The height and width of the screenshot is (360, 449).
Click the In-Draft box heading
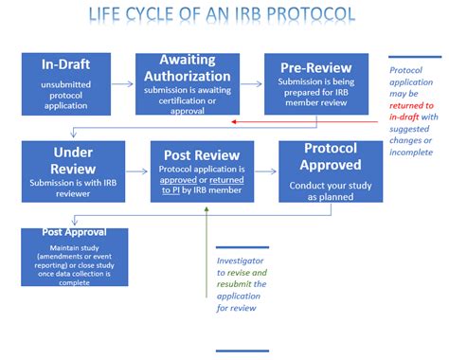pos(66,64)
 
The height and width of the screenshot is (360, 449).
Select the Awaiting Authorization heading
pos(194,67)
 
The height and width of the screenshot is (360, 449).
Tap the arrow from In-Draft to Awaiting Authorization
pos(122,83)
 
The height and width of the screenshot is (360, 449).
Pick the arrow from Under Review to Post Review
pos(137,171)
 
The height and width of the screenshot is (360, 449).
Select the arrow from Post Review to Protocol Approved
pos(266,171)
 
